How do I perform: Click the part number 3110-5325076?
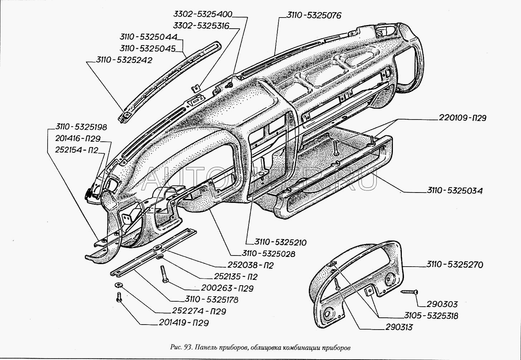pyautogui.click(x=313, y=15)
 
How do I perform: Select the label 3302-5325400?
pyautogui.click(x=203, y=14)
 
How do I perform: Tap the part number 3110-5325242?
pyautogui.click(x=123, y=60)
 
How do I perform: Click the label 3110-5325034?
pyautogui.click(x=454, y=191)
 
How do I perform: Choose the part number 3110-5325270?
pyautogui.click(x=454, y=265)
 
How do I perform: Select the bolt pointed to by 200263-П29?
pyautogui.click(x=164, y=274)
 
